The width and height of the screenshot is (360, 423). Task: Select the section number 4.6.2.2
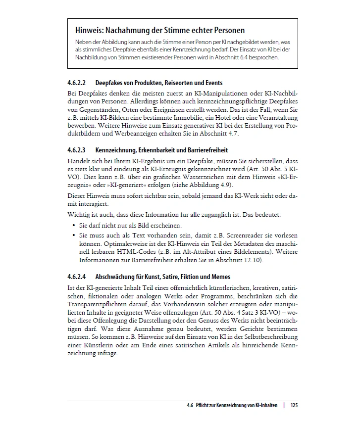(x=77, y=83)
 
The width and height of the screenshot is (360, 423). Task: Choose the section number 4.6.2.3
(x=77, y=150)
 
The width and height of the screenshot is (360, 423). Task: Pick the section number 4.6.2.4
(x=77, y=277)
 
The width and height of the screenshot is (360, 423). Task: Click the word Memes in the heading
(x=220, y=277)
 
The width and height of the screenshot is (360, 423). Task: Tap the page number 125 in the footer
(x=294, y=405)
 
